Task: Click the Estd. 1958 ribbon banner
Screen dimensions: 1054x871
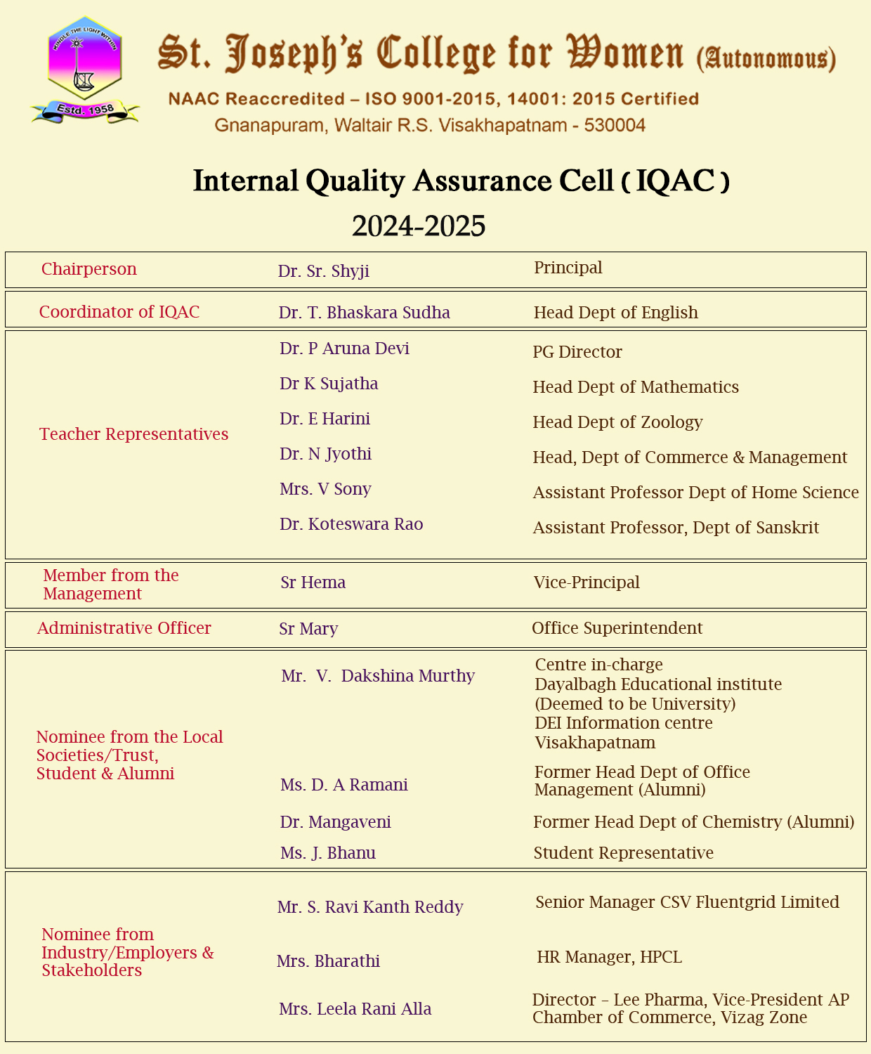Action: click(x=85, y=110)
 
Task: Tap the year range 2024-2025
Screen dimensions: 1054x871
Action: click(x=419, y=226)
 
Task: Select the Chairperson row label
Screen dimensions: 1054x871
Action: click(x=89, y=269)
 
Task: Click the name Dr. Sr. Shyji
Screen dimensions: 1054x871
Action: click(x=324, y=271)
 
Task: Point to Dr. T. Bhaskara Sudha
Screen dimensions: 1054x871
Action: click(x=364, y=313)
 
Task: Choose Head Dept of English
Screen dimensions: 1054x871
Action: click(x=615, y=313)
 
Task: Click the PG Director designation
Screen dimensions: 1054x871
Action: click(x=577, y=352)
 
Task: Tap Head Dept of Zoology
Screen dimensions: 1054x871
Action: click(x=617, y=422)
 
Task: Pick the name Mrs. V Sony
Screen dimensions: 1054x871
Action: click(x=325, y=489)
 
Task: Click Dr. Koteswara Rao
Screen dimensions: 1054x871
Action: click(x=351, y=524)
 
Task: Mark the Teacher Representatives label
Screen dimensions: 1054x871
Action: click(x=134, y=434)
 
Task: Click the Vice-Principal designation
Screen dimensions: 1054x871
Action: click(x=587, y=583)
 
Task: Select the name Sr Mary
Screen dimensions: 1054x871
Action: click(x=308, y=629)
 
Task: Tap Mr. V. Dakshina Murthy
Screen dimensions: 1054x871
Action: click(x=378, y=676)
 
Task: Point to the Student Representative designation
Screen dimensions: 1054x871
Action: click(x=623, y=853)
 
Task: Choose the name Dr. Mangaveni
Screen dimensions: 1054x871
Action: click(x=336, y=822)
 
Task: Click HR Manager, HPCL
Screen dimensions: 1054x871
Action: click(x=609, y=957)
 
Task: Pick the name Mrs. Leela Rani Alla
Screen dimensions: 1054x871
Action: click(x=355, y=1009)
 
